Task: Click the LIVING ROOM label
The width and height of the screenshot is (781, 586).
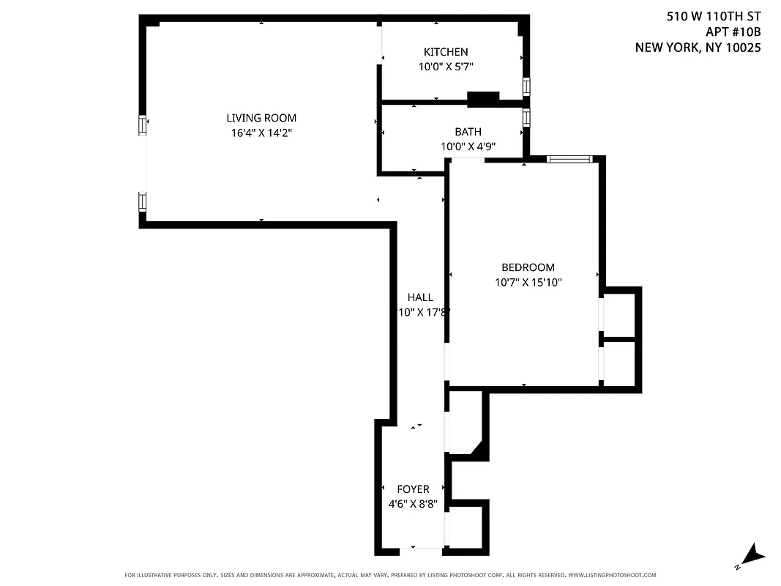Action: click(261, 118)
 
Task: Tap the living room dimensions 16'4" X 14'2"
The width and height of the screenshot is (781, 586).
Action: click(261, 133)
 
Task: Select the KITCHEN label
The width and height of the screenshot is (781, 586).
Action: click(446, 51)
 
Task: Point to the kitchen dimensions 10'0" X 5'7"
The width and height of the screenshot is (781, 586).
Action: click(446, 66)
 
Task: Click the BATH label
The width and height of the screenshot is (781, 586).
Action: click(468, 132)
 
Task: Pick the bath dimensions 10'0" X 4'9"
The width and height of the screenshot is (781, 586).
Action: click(468, 146)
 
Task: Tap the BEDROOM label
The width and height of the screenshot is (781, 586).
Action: click(528, 267)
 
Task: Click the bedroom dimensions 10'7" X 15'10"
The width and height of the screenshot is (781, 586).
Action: click(528, 282)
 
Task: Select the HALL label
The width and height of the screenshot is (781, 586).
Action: click(420, 297)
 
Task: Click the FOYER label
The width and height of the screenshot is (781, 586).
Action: click(413, 489)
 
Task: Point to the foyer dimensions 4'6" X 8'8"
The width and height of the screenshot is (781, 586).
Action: click(413, 503)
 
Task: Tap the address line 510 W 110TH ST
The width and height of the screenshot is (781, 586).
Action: click(714, 15)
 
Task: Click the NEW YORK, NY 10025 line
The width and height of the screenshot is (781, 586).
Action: click(698, 48)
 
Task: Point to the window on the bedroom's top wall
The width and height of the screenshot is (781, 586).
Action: click(569, 158)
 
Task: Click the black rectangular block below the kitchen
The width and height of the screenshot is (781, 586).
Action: click(483, 97)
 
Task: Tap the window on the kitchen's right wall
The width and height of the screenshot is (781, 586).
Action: click(526, 86)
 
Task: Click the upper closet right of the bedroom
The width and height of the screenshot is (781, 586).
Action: click(619, 313)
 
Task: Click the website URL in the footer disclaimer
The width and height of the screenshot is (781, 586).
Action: click(612, 575)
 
